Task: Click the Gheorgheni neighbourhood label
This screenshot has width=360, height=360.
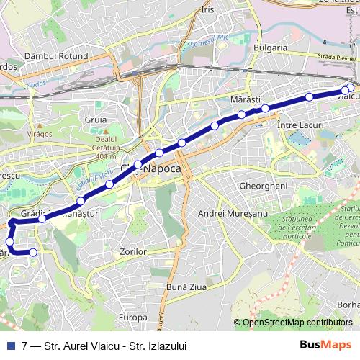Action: (x=258, y=185)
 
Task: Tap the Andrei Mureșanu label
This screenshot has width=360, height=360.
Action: (x=233, y=214)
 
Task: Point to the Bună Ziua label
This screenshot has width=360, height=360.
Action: (x=182, y=287)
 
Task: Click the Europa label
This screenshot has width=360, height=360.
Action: (x=133, y=318)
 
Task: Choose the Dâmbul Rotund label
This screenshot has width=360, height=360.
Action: (x=55, y=55)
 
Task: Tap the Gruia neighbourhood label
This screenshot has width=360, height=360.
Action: (x=95, y=120)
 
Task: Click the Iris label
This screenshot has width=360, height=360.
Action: (x=209, y=10)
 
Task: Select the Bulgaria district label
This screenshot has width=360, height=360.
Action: (x=270, y=48)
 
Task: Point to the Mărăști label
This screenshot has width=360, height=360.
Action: (x=244, y=97)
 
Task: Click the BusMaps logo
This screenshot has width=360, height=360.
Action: (x=330, y=345)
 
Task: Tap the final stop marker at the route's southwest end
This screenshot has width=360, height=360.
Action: (x=33, y=252)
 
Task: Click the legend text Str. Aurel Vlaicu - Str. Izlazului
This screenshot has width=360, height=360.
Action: (x=115, y=346)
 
